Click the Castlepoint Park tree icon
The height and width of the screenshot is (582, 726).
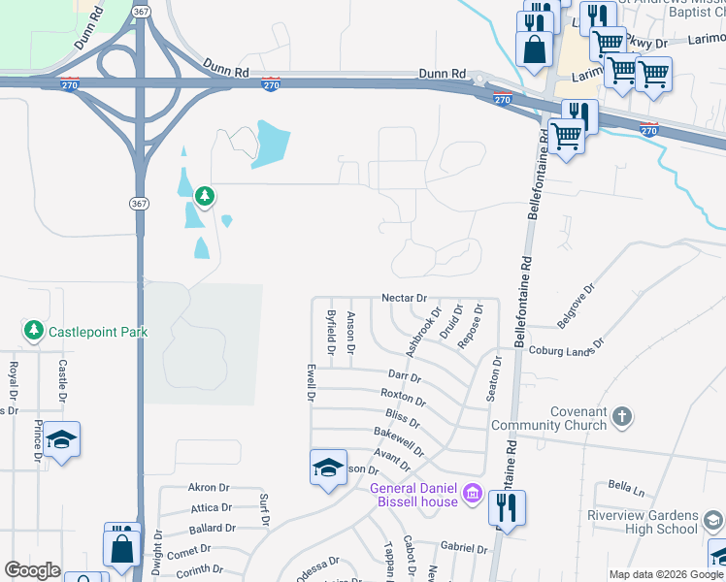(34, 332)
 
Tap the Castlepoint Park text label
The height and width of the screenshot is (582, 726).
(98, 332)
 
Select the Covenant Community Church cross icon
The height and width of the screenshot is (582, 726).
(621, 417)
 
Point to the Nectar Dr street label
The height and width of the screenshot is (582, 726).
(405, 298)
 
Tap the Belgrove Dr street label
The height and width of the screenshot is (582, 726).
(575, 305)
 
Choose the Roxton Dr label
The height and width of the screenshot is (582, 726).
(403, 397)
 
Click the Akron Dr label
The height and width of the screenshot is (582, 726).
(209, 488)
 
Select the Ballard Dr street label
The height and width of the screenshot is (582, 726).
(213, 529)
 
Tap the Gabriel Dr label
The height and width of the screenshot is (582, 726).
(463, 548)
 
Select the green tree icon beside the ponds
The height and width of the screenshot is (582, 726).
(204, 197)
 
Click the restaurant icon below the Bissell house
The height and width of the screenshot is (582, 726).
(506, 507)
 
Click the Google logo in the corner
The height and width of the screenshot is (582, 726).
(32, 570)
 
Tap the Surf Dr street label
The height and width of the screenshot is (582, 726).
(264, 509)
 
